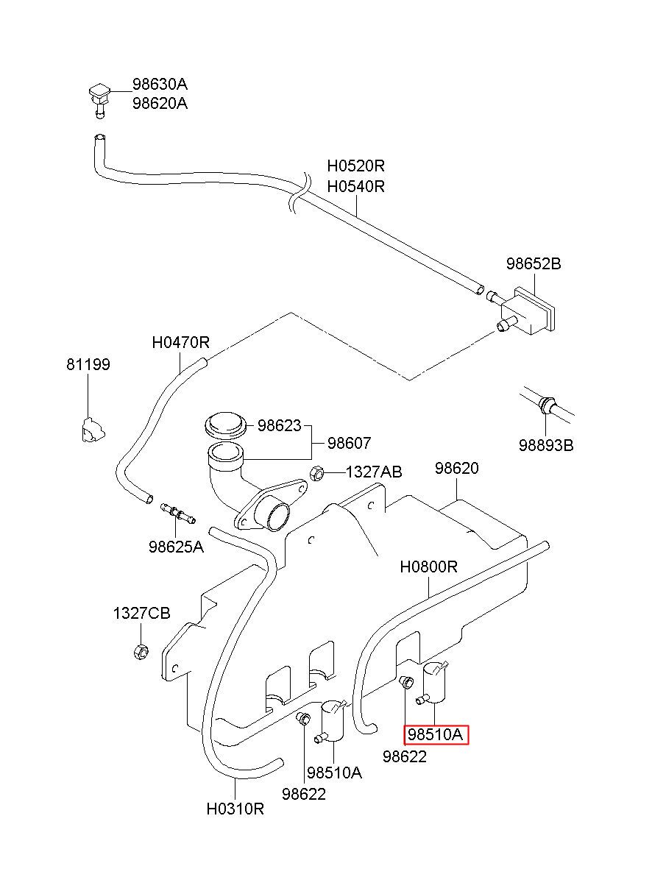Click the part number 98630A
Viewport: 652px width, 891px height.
(x=160, y=85)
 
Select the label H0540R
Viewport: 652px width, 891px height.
(x=355, y=186)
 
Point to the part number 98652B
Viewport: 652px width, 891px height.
(x=534, y=263)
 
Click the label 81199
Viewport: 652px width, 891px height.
(x=88, y=364)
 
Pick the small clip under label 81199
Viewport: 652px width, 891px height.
(x=93, y=430)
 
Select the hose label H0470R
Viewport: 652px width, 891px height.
(x=180, y=342)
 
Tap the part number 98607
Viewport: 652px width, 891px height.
(x=350, y=443)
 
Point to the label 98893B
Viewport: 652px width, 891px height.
(x=546, y=446)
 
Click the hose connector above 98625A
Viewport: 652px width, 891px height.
(x=178, y=514)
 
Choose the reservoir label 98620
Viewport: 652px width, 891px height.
(x=457, y=468)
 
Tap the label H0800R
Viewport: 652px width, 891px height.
(x=429, y=567)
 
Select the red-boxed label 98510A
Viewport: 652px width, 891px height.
(x=436, y=735)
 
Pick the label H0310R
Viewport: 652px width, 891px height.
(x=235, y=809)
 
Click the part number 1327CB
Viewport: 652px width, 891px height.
(x=141, y=613)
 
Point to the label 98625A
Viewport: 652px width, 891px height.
(x=176, y=547)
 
